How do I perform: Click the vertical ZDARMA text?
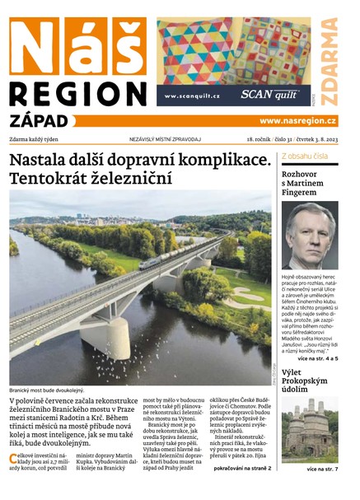tap(330, 63)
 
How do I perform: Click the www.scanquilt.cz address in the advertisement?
tap(192, 96)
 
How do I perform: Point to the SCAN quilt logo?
tap(269, 95)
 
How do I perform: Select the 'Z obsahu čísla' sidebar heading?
tap(306, 156)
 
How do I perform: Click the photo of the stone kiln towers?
tap(309, 431)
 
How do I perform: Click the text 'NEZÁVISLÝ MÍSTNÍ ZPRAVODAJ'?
tap(165, 140)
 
